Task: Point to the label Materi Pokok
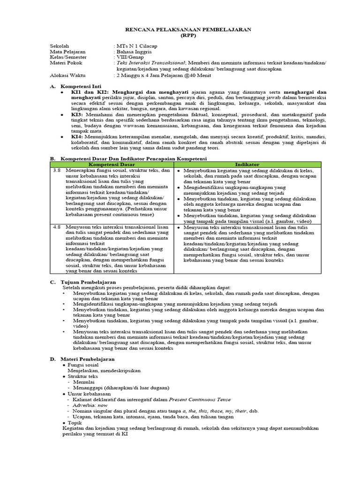pos(66,63)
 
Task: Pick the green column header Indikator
pos(247,165)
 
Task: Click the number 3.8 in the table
pos(57,171)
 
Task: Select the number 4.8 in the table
pos(57,226)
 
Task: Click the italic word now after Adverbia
pos(103,405)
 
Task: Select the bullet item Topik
pos(75,422)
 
